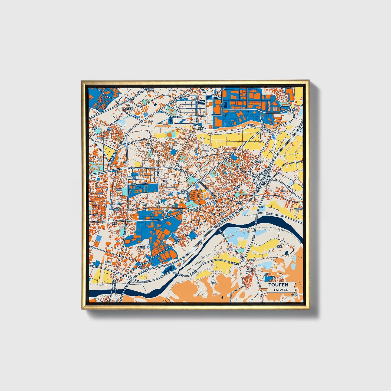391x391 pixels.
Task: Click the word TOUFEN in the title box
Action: [278, 285]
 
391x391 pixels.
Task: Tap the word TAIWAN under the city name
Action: [281, 290]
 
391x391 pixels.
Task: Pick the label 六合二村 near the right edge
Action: [298, 209]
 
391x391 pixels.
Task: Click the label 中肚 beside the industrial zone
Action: [179, 238]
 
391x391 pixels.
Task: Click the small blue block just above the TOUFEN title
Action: [268, 278]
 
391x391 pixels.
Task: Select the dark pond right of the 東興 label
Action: [286, 253]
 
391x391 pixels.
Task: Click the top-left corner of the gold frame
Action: [82, 81]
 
